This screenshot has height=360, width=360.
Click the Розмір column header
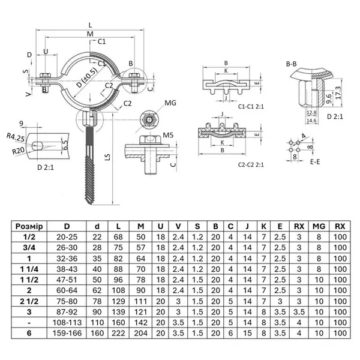[28, 226]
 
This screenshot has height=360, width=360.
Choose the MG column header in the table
[319, 226]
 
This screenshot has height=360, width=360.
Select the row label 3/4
[28, 247]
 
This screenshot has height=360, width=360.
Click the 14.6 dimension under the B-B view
[311, 120]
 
